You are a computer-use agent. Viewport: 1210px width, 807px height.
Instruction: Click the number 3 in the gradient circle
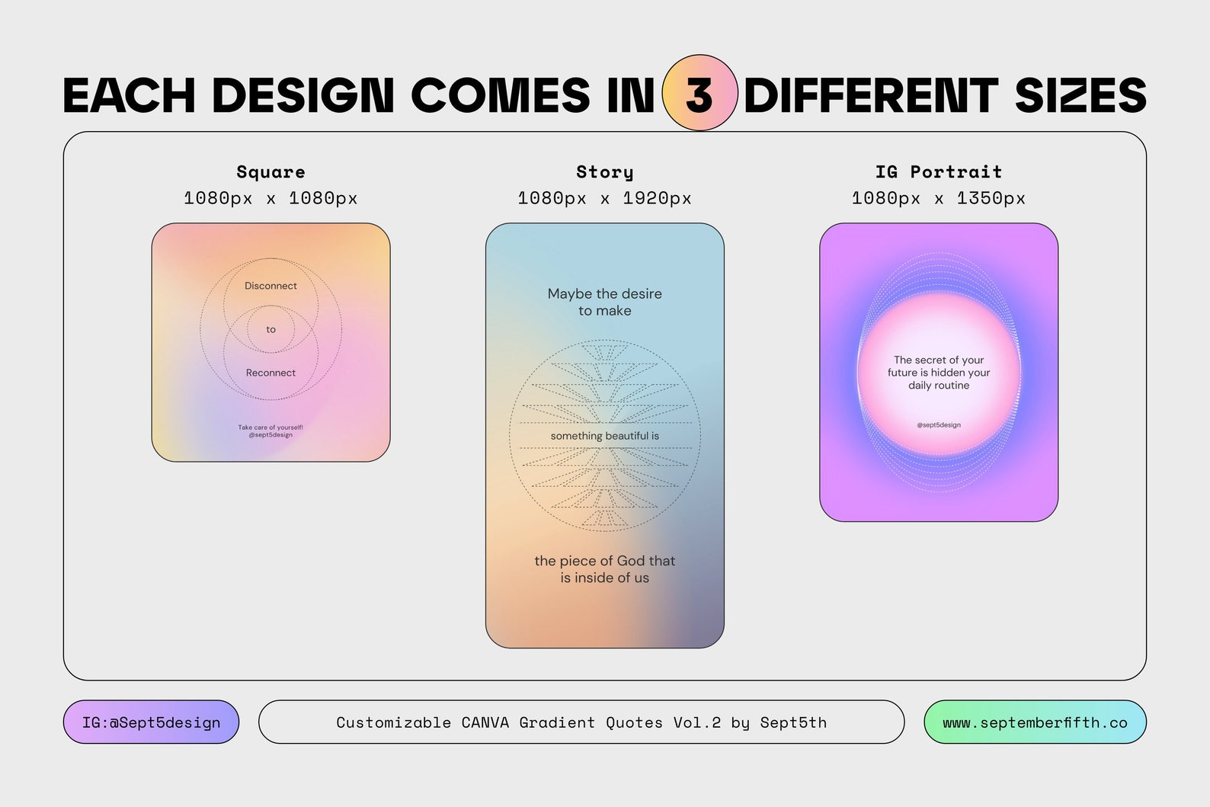click(699, 94)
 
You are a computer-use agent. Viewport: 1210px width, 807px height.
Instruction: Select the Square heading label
click(270, 172)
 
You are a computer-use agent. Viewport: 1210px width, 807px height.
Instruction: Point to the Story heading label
click(604, 172)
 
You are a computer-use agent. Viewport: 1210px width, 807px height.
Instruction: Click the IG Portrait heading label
click(938, 172)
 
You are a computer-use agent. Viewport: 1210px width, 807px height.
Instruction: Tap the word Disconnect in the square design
click(270, 286)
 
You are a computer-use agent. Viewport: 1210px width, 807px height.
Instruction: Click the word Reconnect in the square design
click(270, 373)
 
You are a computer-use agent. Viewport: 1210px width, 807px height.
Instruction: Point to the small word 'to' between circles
click(270, 329)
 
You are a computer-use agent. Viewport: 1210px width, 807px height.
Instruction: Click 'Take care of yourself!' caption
click(270, 428)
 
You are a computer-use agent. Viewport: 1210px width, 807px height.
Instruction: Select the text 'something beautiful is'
click(604, 436)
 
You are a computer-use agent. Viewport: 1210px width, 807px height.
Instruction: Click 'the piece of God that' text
click(604, 561)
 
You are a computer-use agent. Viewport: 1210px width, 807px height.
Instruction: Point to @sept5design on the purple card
click(939, 424)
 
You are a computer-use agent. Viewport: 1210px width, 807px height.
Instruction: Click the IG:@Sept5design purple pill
click(151, 722)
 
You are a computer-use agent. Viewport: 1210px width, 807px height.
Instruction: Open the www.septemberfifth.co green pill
click(1034, 722)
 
